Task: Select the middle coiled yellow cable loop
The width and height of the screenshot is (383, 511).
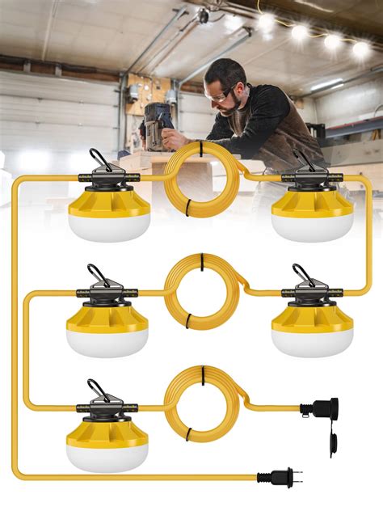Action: tap(202, 292)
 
